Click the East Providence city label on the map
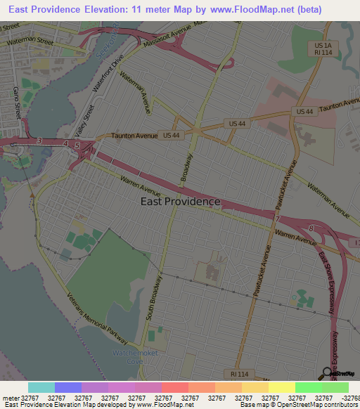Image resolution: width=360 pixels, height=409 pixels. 180,202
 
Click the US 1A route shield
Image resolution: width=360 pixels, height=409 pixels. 323,45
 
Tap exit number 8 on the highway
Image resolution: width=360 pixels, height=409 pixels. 311,228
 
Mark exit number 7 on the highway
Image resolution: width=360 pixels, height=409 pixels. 277,220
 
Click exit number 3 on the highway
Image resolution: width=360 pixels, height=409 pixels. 39,141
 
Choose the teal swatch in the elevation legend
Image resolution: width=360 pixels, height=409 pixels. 41,387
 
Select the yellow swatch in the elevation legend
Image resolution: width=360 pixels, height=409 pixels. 281,387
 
